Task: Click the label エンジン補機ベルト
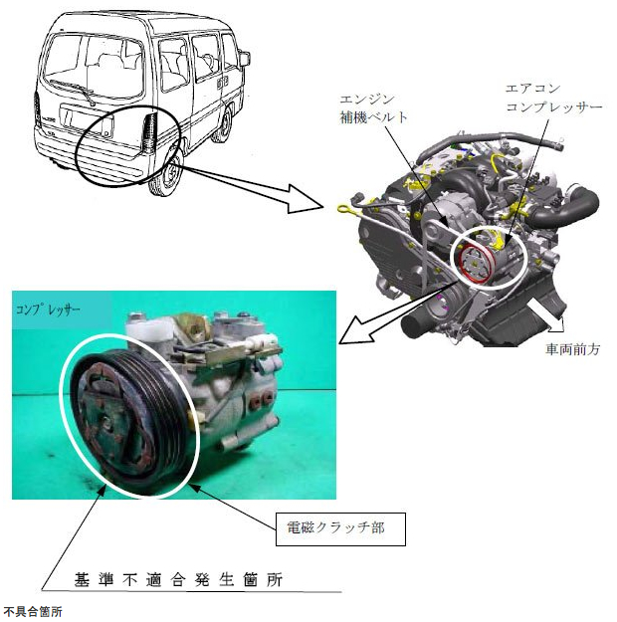(373, 108)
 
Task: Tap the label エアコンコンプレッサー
(553, 98)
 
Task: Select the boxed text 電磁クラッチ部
(335, 528)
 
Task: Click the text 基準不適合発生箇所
(178, 580)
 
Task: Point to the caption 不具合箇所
(33, 611)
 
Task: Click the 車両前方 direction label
(572, 349)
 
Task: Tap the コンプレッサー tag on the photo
(48, 310)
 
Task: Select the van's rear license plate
(86, 120)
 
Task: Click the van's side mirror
(245, 59)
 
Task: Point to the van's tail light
(150, 133)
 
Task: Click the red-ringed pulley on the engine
(475, 264)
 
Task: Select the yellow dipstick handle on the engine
(344, 208)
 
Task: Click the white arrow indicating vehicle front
(545, 314)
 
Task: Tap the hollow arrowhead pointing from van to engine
(304, 199)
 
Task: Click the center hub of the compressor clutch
(107, 423)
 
